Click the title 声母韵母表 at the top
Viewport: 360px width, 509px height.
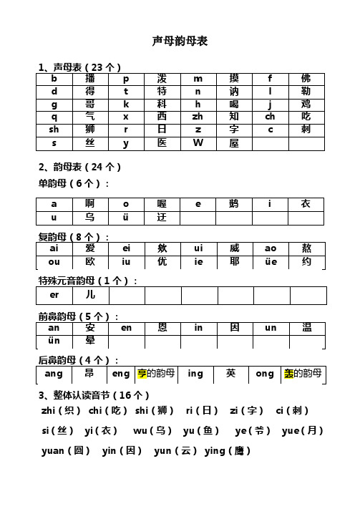180,42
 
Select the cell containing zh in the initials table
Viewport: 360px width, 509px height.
198,116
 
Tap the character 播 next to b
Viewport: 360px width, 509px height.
90,78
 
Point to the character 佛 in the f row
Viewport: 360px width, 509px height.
306,78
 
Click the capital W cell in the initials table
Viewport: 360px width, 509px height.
198,143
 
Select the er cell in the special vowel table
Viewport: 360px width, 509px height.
54,314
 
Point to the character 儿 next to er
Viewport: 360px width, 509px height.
90,314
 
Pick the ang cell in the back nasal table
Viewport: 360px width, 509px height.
54,374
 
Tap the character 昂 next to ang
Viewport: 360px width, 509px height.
90,374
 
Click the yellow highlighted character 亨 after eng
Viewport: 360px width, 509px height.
141,374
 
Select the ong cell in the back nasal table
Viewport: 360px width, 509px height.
265,374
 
